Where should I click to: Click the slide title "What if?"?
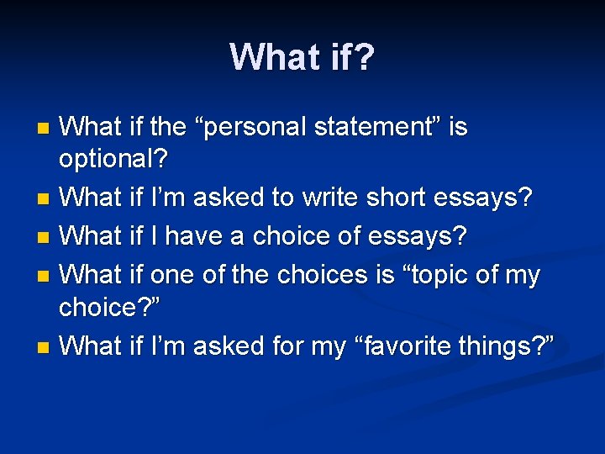click(x=302, y=56)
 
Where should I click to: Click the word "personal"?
click(x=256, y=129)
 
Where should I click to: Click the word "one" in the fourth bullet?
click(x=172, y=274)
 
